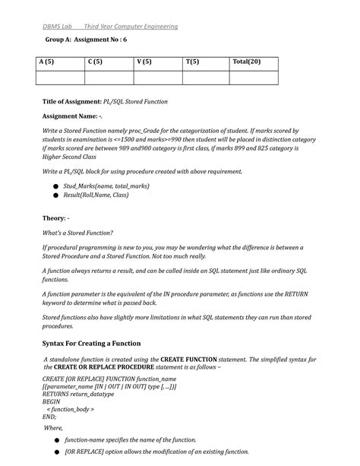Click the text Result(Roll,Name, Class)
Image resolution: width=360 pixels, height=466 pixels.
pyautogui.click(x=96, y=195)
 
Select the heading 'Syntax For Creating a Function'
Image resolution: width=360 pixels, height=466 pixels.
pyautogui.click(x=102, y=344)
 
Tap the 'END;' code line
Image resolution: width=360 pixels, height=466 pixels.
pyautogui.click(x=49, y=417)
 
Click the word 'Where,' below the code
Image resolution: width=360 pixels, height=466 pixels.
pyautogui.click(x=54, y=428)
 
